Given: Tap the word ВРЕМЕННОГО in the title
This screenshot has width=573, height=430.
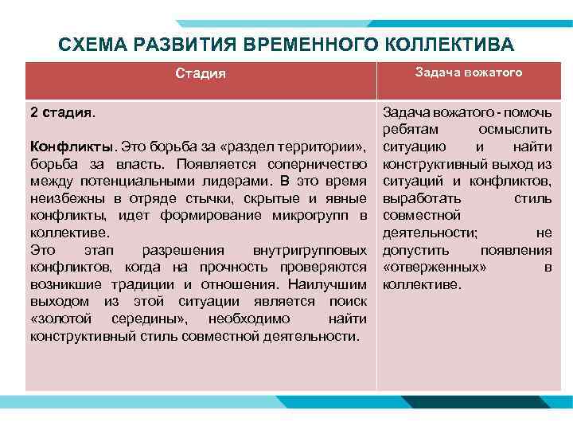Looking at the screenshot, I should pyautogui.click(x=312, y=45).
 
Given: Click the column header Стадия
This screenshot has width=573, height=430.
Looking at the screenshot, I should pyautogui.click(x=201, y=73).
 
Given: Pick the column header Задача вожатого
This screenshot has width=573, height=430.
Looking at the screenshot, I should pyautogui.click(x=469, y=72).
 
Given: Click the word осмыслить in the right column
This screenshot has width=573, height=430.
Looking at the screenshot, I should pyautogui.click(x=516, y=130).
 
